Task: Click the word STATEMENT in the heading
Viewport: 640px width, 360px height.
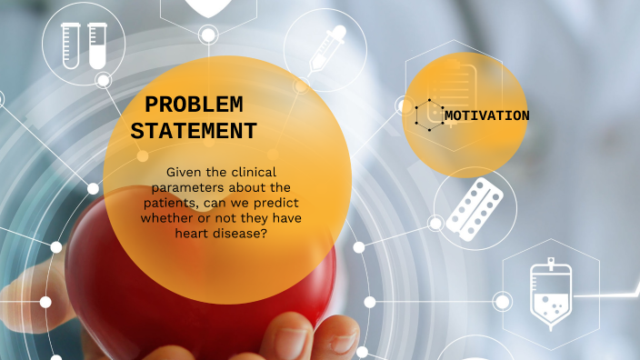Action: [194, 131]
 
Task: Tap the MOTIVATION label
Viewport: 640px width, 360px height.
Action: [486, 115]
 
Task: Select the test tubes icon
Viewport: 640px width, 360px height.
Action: [84, 45]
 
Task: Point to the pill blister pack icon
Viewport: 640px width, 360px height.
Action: [475, 208]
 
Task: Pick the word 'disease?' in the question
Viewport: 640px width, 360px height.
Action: [246, 232]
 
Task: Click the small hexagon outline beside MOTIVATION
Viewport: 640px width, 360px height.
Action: [426, 115]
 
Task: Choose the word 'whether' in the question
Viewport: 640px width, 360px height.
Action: [165, 217]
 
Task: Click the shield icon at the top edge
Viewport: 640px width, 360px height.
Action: [207, 7]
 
